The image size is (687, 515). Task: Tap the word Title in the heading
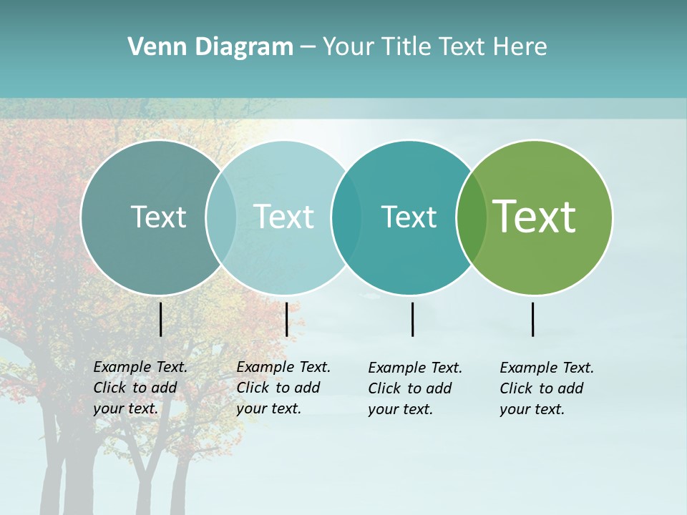pyautogui.click(x=407, y=47)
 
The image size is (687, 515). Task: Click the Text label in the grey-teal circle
pyautogui.click(x=158, y=217)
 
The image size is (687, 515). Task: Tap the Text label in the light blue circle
pyautogui.click(x=283, y=217)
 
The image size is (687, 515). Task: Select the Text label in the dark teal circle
pyautogui.click(x=409, y=217)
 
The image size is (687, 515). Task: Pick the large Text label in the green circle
pyautogui.click(x=535, y=217)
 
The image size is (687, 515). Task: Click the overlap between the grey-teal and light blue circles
pyautogui.click(x=221, y=217)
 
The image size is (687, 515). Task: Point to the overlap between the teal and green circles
pyautogui.click(x=472, y=217)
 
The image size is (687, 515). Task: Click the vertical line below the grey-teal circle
pyautogui.click(x=160, y=319)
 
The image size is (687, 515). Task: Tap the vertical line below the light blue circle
pyautogui.click(x=286, y=319)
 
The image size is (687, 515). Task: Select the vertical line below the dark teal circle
pyautogui.click(x=412, y=319)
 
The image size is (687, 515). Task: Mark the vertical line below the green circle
pyautogui.click(x=532, y=319)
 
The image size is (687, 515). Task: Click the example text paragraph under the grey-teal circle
pyautogui.click(x=140, y=388)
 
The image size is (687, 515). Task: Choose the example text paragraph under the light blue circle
pyautogui.click(x=283, y=388)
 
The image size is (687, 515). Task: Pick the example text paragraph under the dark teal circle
pyautogui.click(x=415, y=388)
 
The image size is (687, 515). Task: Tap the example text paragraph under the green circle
pyautogui.click(x=547, y=388)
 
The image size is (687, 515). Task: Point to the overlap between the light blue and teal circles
pyautogui.click(x=346, y=217)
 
